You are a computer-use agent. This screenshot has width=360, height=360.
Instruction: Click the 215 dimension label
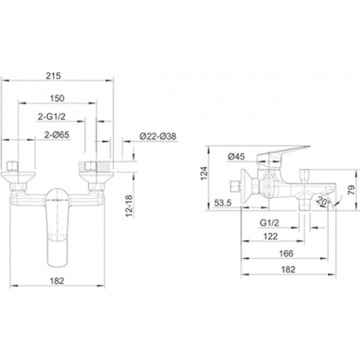[x=53, y=76]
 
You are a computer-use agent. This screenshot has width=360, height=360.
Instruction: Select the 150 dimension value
[x=57, y=99]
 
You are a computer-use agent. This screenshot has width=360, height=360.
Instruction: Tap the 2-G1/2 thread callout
[x=52, y=116]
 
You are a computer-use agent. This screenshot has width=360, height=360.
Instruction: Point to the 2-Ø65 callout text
[x=56, y=135]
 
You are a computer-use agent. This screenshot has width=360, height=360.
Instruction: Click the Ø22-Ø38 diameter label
[x=158, y=136]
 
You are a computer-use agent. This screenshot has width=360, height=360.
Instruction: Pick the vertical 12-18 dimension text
[x=129, y=206]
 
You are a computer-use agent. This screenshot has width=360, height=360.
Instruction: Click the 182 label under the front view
[x=57, y=281]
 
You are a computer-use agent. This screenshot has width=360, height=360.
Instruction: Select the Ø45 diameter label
[x=236, y=157]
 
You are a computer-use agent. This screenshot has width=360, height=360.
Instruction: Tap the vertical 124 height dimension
[x=204, y=174]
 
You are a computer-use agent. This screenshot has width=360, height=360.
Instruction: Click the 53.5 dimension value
[x=223, y=203]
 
